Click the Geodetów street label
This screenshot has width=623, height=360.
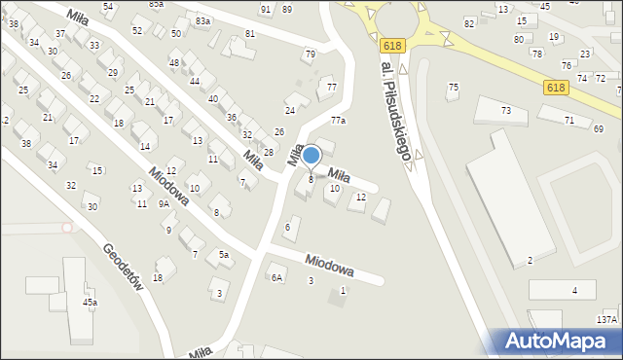tap(125, 272)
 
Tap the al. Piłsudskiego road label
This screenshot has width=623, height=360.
tap(397, 111)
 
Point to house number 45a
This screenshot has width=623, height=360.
tap(90, 303)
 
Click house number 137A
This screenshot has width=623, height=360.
tap(606, 319)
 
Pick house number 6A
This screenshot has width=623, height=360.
tap(276, 278)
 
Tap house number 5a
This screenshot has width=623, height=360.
tap(224, 255)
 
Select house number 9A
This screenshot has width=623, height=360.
tap(165, 204)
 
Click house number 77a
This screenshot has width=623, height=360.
tap(338, 121)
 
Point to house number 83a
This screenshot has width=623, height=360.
tap(202, 21)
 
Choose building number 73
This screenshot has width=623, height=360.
tap(506, 111)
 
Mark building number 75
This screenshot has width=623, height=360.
tap(453, 89)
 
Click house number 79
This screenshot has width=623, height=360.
tap(310, 54)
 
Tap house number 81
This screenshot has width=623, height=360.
tap(250, 34)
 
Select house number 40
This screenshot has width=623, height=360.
tap(212, 99)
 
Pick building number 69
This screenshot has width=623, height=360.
tap(598, 129)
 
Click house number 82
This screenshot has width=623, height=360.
tap(469, 23)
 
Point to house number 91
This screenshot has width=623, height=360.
tap(266, 10)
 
